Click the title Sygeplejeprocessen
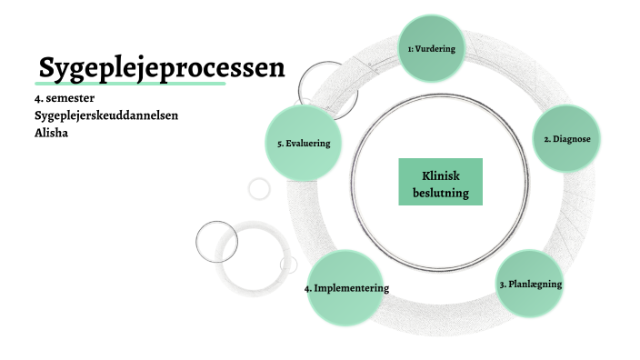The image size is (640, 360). tap(162, 67)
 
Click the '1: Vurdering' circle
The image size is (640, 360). tap(431, 47)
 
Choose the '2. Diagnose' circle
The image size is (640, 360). tap(567, 139)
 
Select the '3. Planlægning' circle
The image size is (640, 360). tap(531, 284)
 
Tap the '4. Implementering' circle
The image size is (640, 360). tap(345, 287)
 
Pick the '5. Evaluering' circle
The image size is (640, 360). tap(304, 144)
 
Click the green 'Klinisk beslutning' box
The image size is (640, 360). tap(441, 182)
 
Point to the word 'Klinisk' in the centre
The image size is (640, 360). tap(441, 174)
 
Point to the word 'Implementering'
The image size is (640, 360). tap(353, 287)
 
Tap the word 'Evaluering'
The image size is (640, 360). tap(308, 144)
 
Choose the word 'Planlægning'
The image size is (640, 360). tap(535, 284)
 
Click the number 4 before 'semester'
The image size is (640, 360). tap(36, 97)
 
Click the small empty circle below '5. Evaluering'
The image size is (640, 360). tap(259, 189)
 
